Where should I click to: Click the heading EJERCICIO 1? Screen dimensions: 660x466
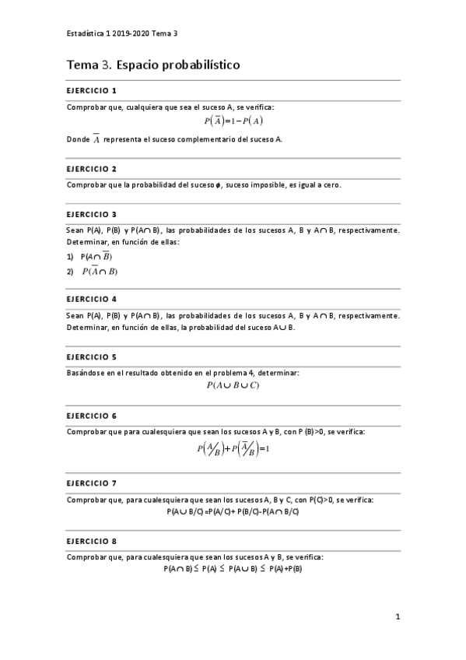[x=92, y=90]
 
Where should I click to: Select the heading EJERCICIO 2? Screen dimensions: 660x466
[x=92, y=168]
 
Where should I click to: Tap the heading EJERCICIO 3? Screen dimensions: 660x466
[x=92, y=214]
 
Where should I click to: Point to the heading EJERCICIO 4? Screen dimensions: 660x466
[x=92, y=299]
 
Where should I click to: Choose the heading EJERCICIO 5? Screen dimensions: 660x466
[x=92, y=356]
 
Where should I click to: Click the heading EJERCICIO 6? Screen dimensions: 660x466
[x=92, y=416]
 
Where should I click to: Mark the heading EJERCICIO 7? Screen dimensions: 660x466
[x=92, y=483]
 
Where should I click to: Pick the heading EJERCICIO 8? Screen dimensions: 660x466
[x=92, y=541]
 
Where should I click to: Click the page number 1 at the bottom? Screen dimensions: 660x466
[x=397, y=617]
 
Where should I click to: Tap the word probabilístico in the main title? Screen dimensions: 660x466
[x=193, y=65]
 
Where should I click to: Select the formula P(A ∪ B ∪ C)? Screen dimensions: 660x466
[x=233, y=385]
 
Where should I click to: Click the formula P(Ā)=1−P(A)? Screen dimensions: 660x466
[x=233, y=121]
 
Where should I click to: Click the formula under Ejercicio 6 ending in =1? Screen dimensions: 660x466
[x=233, y=449]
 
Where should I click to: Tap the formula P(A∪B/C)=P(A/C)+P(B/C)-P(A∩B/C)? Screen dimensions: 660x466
[x=233, y=511]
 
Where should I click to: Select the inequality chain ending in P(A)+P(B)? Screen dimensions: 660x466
[x=233, y=569]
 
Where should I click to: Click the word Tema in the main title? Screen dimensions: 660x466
[x=82, y=65]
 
